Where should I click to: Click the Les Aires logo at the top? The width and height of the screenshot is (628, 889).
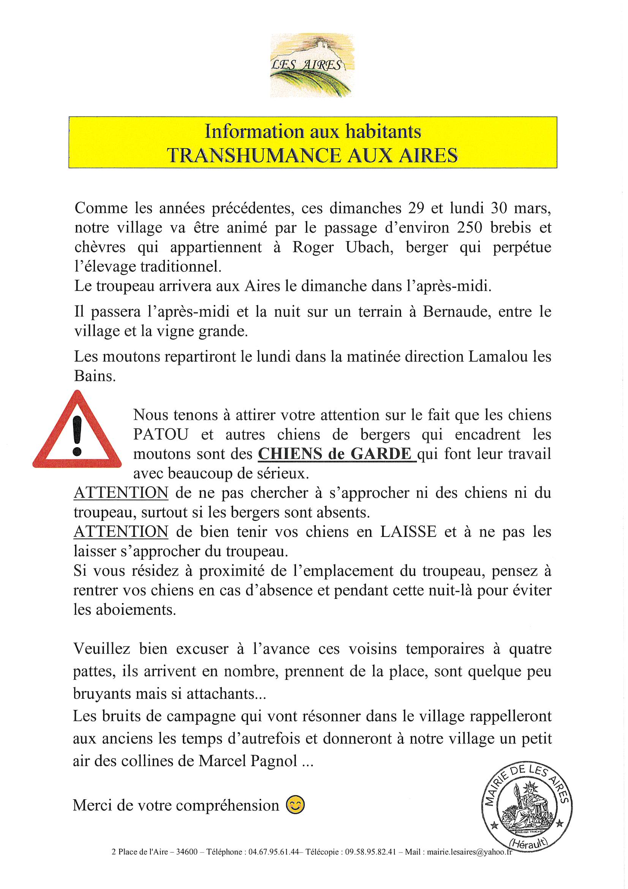312,65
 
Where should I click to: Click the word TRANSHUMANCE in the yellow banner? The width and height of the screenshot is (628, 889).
254,155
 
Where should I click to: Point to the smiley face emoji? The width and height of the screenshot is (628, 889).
295,805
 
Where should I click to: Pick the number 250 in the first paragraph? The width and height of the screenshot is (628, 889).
469,228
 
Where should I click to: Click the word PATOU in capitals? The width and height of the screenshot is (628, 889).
161,435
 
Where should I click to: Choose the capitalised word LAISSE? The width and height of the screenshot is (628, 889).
408,532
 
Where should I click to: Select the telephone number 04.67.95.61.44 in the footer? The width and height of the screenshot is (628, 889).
274,852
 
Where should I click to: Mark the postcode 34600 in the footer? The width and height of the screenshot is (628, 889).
187,852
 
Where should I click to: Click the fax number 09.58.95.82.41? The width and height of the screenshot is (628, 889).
370,852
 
